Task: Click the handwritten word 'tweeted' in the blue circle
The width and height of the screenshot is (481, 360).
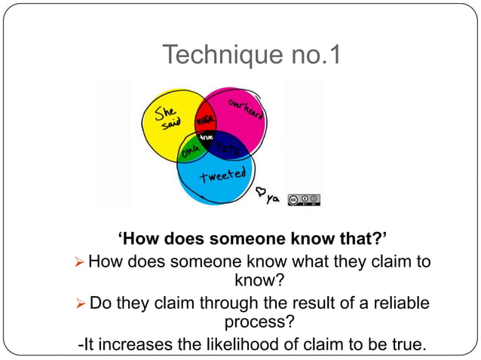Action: (x=222, y=178)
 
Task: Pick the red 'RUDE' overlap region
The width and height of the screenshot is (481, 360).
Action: (x=207, y=120)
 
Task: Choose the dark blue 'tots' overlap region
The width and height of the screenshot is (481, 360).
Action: (x=227, y=149)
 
